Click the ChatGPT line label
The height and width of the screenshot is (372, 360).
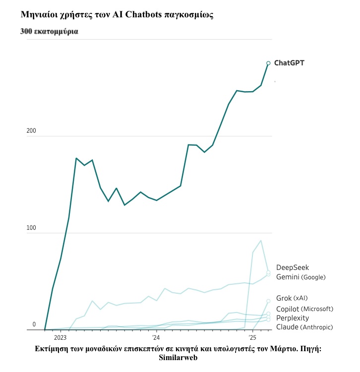click(x=289, y=63)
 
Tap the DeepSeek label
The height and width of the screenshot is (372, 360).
click(x=292, y=267)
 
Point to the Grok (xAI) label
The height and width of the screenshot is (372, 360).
click(x=292, y=298)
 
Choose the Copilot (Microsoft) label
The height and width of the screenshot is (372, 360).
click(x=304, y=309)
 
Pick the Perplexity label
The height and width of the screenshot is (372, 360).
click(x=292, y=318)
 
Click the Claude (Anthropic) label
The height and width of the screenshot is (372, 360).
click(x=304, y=327)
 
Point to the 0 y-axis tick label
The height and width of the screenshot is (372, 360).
click(x=34, y=324)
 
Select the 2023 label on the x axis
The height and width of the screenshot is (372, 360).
click(x=60, y=338)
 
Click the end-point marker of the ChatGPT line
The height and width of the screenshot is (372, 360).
click(x=268, y=63)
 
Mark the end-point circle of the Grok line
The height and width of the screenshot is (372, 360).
click(x=268, y=301)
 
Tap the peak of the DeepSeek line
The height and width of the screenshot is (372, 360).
click(x=261, y=241)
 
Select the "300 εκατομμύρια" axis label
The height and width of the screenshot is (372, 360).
click(x=49, y=31)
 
